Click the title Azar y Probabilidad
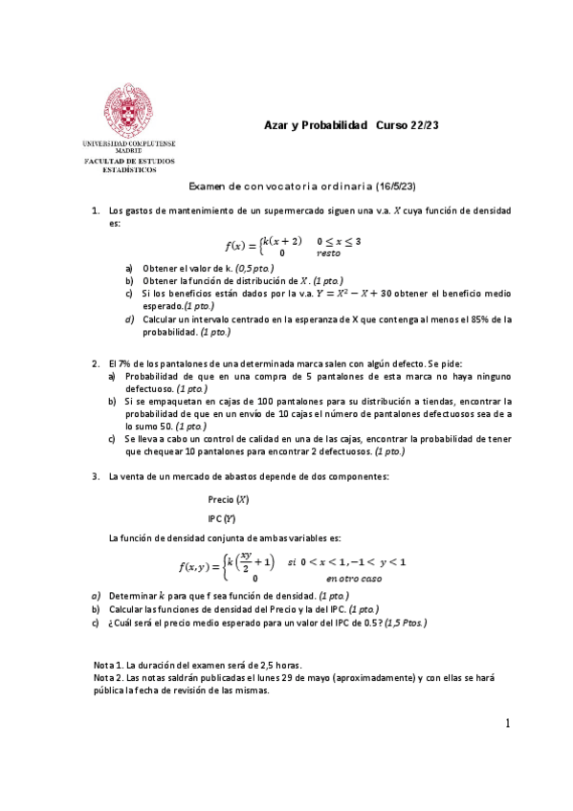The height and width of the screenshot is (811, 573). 316,126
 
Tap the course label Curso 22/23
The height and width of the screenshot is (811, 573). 408,126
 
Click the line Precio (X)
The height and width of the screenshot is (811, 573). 228,499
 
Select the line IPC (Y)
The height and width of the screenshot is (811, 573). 222,518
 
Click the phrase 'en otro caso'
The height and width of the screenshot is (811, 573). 352,579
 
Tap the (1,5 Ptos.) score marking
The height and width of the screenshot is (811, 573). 399,623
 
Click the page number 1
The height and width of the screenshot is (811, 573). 509,723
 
